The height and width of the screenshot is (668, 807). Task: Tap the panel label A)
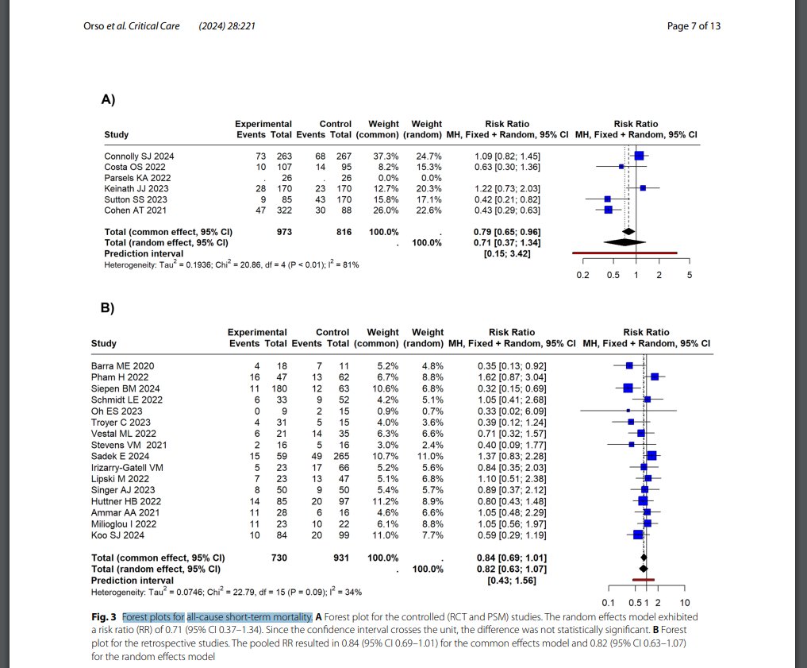pyautogui.click(x=109, y=99)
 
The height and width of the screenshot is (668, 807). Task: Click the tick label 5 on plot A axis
pyautogui.click(x=690, y=275)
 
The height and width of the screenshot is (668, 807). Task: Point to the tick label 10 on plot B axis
pyautogui.click(x=686, y=602)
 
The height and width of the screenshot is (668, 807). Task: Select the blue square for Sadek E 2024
pyautogui.click(x=651, y=456)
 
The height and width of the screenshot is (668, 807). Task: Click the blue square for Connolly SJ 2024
pyautogui.click(x=639, y=156)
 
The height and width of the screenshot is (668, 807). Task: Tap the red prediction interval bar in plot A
pyautogui.click(x=624, y=253)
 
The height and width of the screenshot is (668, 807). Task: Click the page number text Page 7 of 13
pyautogui.click(x=694, y=26)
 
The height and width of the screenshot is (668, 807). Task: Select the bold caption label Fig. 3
pyautogui.click(x=104, y=616)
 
